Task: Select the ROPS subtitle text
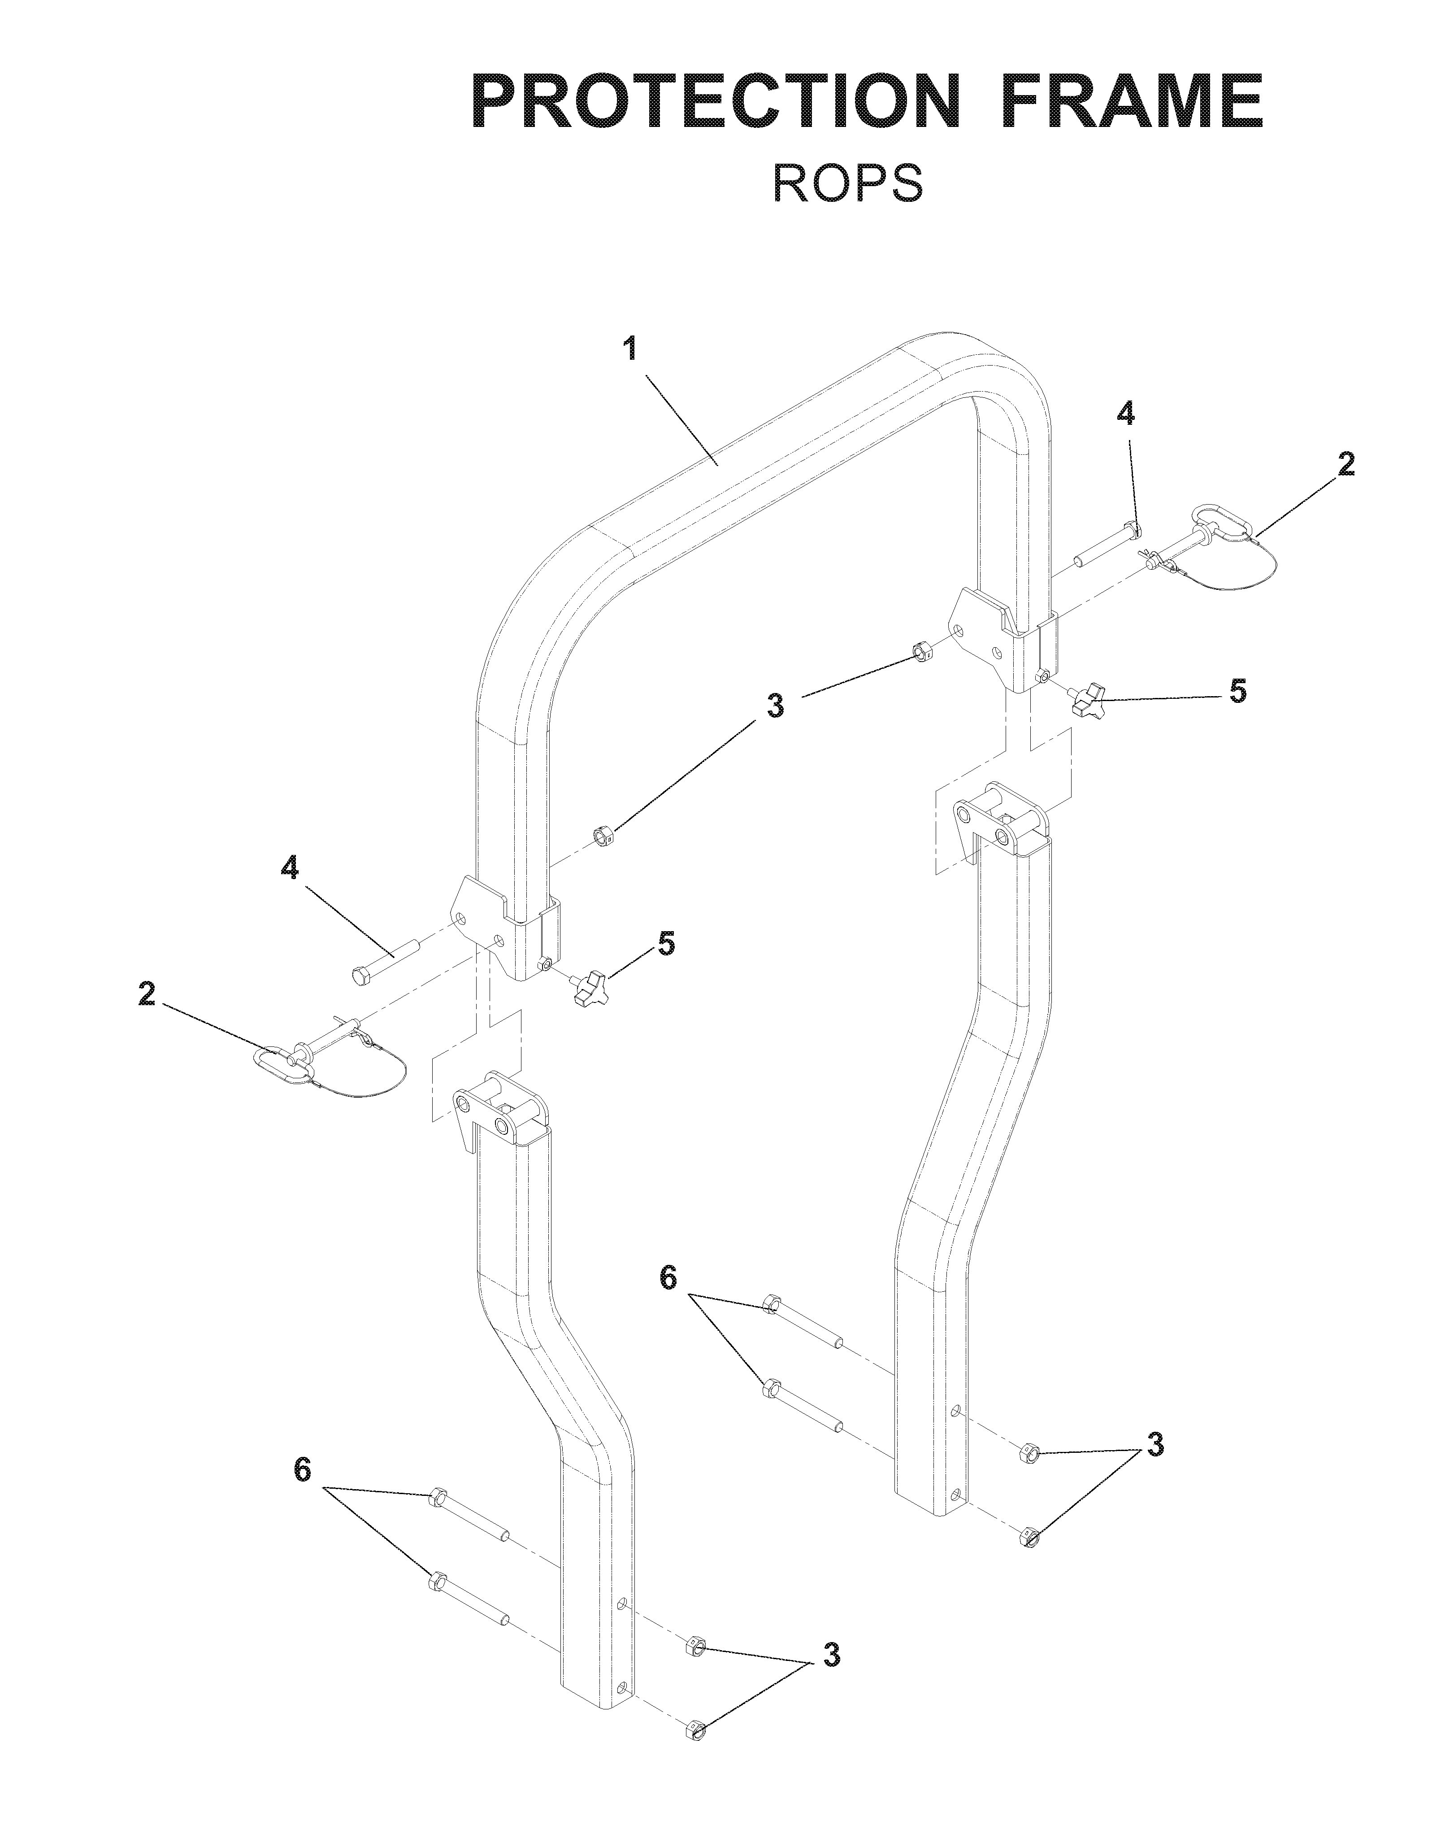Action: pyautogui.click(x=848, y=183)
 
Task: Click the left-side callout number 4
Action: pyautogui.click(x=290, y=868)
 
